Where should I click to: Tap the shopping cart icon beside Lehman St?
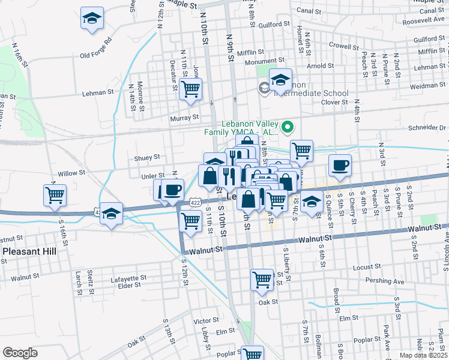[190, 89]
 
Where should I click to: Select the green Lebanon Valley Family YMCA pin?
[288, 127]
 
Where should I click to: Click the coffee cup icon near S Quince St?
[340, 166]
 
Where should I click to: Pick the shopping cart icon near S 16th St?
[55, 195]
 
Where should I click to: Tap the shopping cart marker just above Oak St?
[262, 280]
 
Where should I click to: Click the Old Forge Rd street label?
[96, 50]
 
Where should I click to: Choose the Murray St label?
[184, 118]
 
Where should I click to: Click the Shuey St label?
[147, 157]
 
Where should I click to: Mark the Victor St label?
[206, 321]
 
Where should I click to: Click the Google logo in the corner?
[20, 353]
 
